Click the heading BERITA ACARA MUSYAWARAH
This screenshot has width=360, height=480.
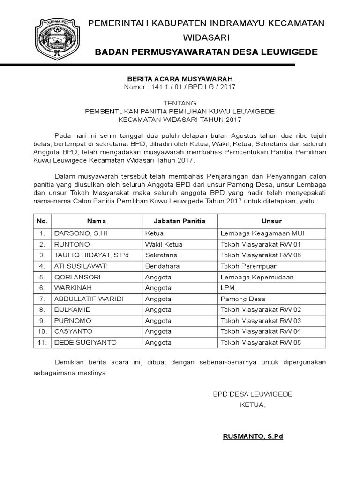[x=180, y=79]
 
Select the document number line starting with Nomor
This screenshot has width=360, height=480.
[x=180, y=87]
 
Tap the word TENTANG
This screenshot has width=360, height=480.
[x=180, y=103]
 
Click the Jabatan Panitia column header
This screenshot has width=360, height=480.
[x=180, y=221]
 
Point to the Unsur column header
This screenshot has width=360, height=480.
[x=271, y=221]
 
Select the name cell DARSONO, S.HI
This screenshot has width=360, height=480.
[x=81, y=233]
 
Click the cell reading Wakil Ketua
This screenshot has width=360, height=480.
[x=164, y=244]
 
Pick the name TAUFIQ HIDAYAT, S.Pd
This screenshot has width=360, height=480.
[x=91, y=255]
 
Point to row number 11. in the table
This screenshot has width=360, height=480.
[x=42, y=343]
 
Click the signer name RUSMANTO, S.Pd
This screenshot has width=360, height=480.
[x=253, y=436]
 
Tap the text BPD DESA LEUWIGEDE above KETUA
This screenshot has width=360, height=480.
[x=253, y=394]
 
